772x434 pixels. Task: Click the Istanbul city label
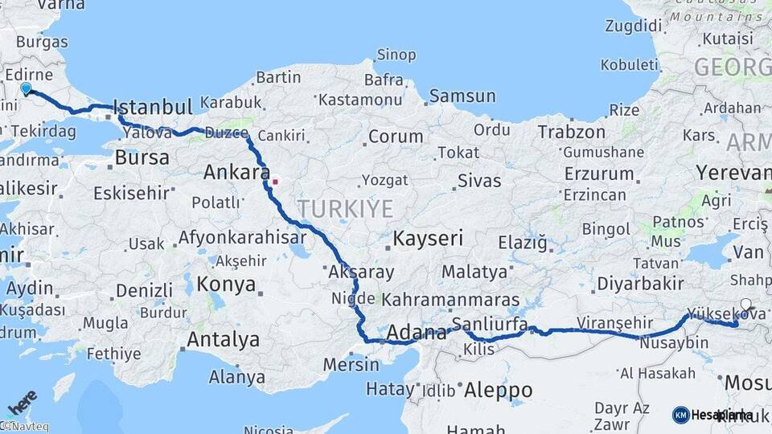153,107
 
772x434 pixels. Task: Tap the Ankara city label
236,172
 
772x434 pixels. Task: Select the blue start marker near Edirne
26,89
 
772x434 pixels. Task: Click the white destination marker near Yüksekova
745,305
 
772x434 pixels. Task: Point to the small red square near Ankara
275,181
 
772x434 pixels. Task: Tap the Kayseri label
428,238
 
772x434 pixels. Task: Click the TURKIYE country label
346,209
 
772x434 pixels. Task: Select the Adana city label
417,332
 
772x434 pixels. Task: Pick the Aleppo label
498,390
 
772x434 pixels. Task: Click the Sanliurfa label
489,324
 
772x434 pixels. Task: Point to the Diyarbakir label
640,284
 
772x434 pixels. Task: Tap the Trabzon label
571,132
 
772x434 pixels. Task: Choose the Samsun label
462,96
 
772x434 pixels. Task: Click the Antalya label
224,339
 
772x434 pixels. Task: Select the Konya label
227,285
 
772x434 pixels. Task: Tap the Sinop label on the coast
396,55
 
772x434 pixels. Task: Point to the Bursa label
142,157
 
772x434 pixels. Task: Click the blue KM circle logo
680,415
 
